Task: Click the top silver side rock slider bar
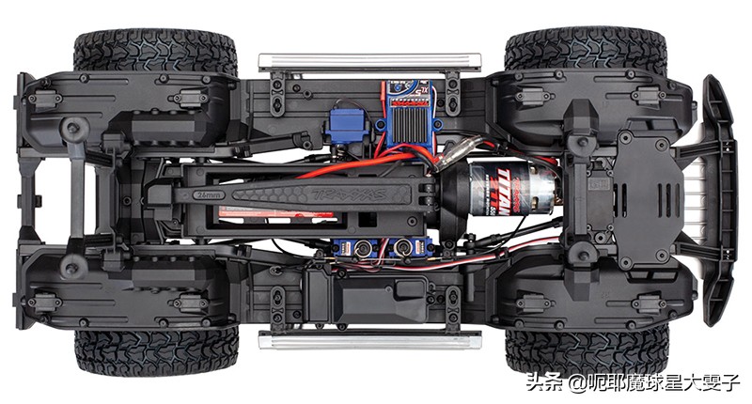368,61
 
